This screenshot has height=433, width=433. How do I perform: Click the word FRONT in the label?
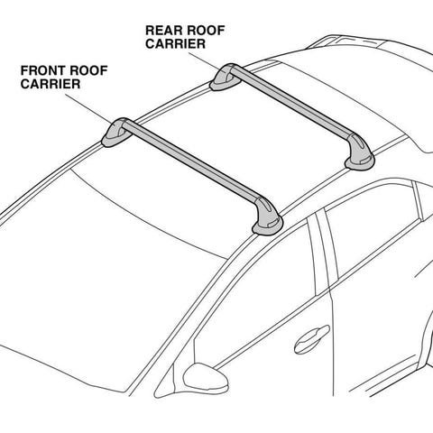pyautogui.click(x=39, y=70)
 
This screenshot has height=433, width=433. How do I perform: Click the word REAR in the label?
pyautogui.click(x=162, y=31)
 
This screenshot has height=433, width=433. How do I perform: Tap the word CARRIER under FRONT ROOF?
pyautogui.click(x=51, y=84)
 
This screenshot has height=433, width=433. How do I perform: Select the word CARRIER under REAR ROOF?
pyautogui.click(x=176, y=43)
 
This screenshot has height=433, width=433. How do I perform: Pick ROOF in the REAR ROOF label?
pyautogui.click(x=205, y=31)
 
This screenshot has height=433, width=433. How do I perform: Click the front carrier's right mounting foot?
pyautogui.click(x=267, y=217)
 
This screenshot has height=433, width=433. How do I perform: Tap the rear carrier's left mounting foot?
pyautogui.click(x=224, y=78)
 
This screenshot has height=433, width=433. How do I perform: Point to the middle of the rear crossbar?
pyautogui.click(x=290, y=101)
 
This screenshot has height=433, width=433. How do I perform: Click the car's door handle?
pyautogui.click(x=311, y=339)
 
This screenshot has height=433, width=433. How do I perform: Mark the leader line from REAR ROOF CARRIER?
pyautogui.click(x=203, y=60)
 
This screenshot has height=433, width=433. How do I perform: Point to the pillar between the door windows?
pyautogui.click(x=322, y=251)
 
